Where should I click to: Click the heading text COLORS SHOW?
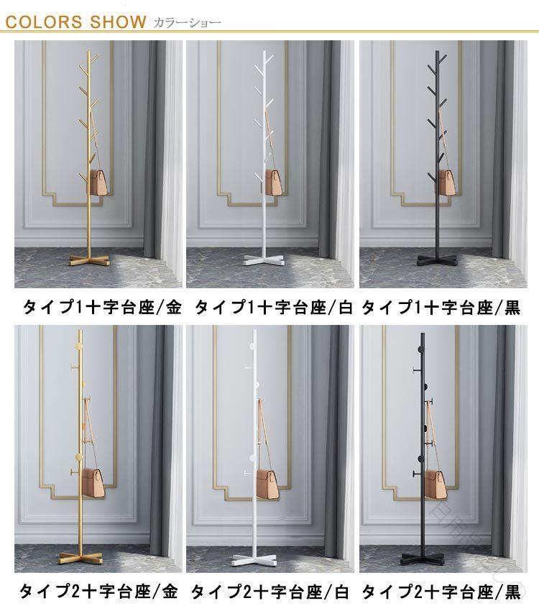tap(76, 22)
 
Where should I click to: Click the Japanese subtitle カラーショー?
tap(187, 22)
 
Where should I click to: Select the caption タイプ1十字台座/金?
tap(102, 308)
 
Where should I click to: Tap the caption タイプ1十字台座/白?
tap(273, 308)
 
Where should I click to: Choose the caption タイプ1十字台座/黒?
tap(441, 308)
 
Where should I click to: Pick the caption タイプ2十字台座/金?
tap(98, 592)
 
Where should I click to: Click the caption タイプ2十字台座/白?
tap(269, 592)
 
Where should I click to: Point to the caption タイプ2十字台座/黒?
tap(441, 592)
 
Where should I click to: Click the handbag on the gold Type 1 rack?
tap(99, 183)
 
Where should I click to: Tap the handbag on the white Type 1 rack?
tap(275, 183)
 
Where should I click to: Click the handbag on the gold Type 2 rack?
tap(94, 483)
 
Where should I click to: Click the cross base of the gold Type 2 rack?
tap(80, 558)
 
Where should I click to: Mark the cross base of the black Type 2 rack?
tap(423, 558)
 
